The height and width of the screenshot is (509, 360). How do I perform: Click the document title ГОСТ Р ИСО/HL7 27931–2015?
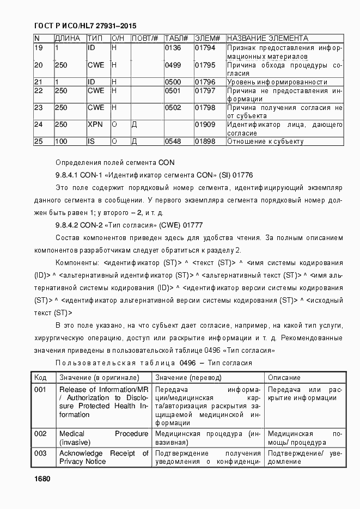pyautogui.click(x=85, y=26)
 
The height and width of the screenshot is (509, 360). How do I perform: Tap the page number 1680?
pyautogui.click(x=41, y=479)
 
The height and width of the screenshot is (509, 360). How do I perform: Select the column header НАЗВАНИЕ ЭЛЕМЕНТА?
pyautogui.click(x=267, y=39)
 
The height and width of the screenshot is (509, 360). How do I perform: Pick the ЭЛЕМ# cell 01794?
pyautogui.click(x=205, y=48)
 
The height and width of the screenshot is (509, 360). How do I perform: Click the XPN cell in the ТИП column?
pyautogui.click(x=95, y=125)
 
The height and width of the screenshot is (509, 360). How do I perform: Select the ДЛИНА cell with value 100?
pyautogui.click(x=61, y=142)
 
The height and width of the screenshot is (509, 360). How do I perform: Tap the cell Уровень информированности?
pyautogui.click(x=277, y=82)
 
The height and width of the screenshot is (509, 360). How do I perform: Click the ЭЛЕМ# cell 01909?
pyautogui.click(x=205, y=125)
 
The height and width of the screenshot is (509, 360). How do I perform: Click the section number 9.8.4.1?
pyautogui.click(x=68, y=175)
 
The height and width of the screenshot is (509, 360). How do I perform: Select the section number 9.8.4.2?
pyautogui.click(x=68, y=224)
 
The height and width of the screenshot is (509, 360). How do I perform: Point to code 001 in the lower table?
pyautogui.click(x=40, y=390)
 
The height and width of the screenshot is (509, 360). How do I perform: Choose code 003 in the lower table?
pyautogui.click(x=40, y=453)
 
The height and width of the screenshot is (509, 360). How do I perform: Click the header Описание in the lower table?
pyautogui.click(x=284, y=377)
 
